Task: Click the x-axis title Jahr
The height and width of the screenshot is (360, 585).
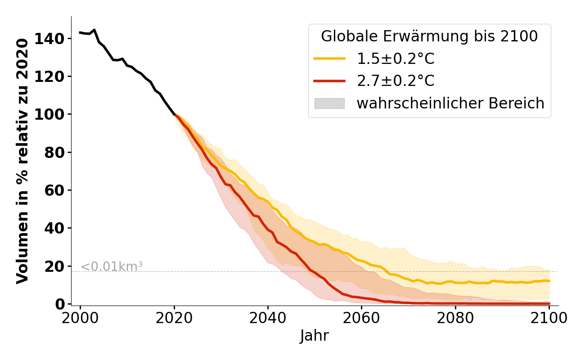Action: [314, 336]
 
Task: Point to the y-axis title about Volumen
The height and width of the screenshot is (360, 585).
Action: [22, 161]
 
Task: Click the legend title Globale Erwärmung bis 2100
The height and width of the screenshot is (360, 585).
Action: [429, 36]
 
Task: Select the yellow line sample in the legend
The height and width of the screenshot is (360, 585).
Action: [329, 58]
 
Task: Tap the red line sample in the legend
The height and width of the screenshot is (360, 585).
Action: [329, 81]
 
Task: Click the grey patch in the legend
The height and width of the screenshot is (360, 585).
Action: [329, 103]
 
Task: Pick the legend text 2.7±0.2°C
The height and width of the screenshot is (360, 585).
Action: [396, 81]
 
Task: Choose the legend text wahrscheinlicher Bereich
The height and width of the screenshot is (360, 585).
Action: [450, 103]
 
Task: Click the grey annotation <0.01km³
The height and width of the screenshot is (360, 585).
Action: [112, 266]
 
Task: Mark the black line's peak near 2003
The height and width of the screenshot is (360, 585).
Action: [94, 30]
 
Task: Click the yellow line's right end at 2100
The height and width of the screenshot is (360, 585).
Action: [549, 280]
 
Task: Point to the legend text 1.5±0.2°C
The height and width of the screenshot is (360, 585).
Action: [396, 58]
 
